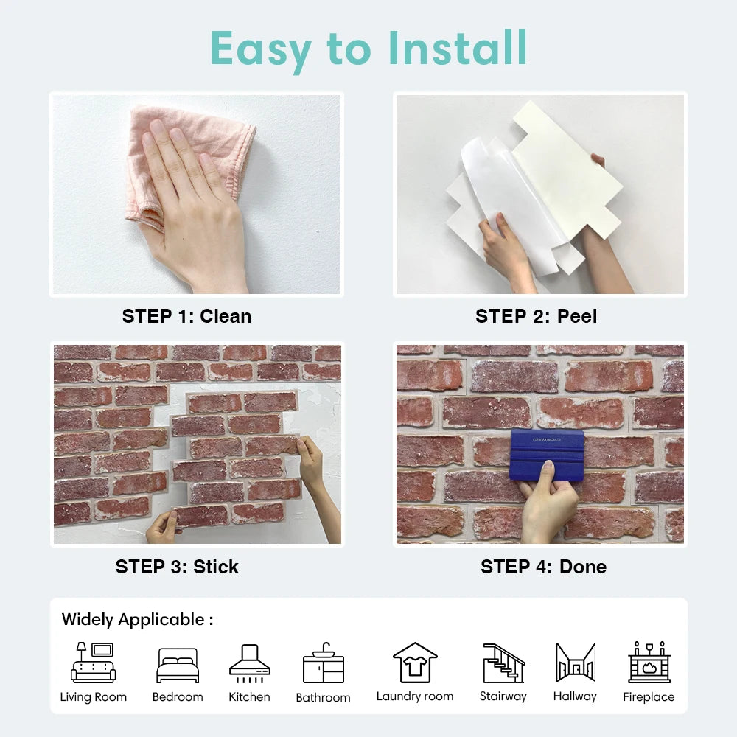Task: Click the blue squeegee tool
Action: pyautogui.click(x=546, y=453)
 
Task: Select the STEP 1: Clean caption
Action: pyautogui.click(x=186, y=316)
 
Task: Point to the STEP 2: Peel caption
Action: pyautogui.click(x=536, y=316)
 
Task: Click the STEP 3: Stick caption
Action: pyautogui.click(x=177, y=567)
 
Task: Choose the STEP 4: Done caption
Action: pyautogui.click(x=543, y=567)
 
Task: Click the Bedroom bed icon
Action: pyautogui.click(x=178, y=665)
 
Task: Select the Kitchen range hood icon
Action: pyautogui.click(x=249, y=660)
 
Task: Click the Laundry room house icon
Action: pyautogui.click(x=415, y=662)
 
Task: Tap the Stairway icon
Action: pyautogui.click(x=503, y=663)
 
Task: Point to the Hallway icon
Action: pyautogui.click(x=575, y=662)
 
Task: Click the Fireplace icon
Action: pyautogui.click(x=649, y=662)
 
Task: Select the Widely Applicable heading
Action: pyautogui.click(x=137, y=619)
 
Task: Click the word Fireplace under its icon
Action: pyautogui.click(x=649, y=697)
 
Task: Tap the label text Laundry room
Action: pyautogui.click(x=415, y=696)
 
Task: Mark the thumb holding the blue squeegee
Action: pyautogui.click(x=548, y=472)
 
